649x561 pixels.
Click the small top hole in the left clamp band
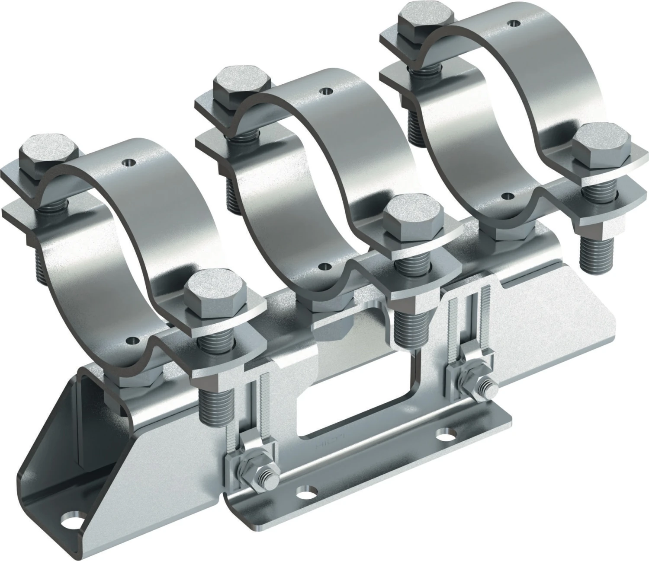tap(129, 163)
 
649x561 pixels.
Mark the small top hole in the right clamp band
tap(514, 22)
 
